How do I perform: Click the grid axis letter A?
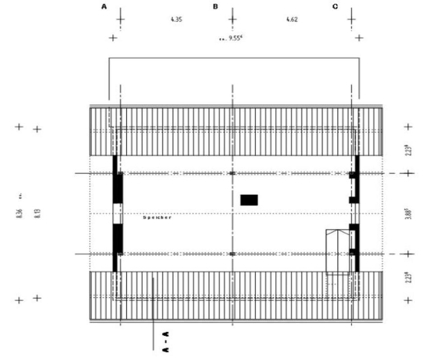pos(105,7)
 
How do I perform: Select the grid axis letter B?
pos(215,7)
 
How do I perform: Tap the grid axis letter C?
pos(335,7)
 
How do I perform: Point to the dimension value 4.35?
pos(176,19)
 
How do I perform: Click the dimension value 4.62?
pos(292,19)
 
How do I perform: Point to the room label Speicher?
pos(157,217)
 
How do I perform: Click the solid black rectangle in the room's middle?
pos(249,200)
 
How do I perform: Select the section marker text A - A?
pos(166,341)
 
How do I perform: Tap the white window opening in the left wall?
pos(117,214)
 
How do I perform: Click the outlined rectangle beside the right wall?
pos(338,252)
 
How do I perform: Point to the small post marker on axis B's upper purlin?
pos(232,173)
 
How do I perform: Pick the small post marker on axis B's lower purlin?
pos(232,254)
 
